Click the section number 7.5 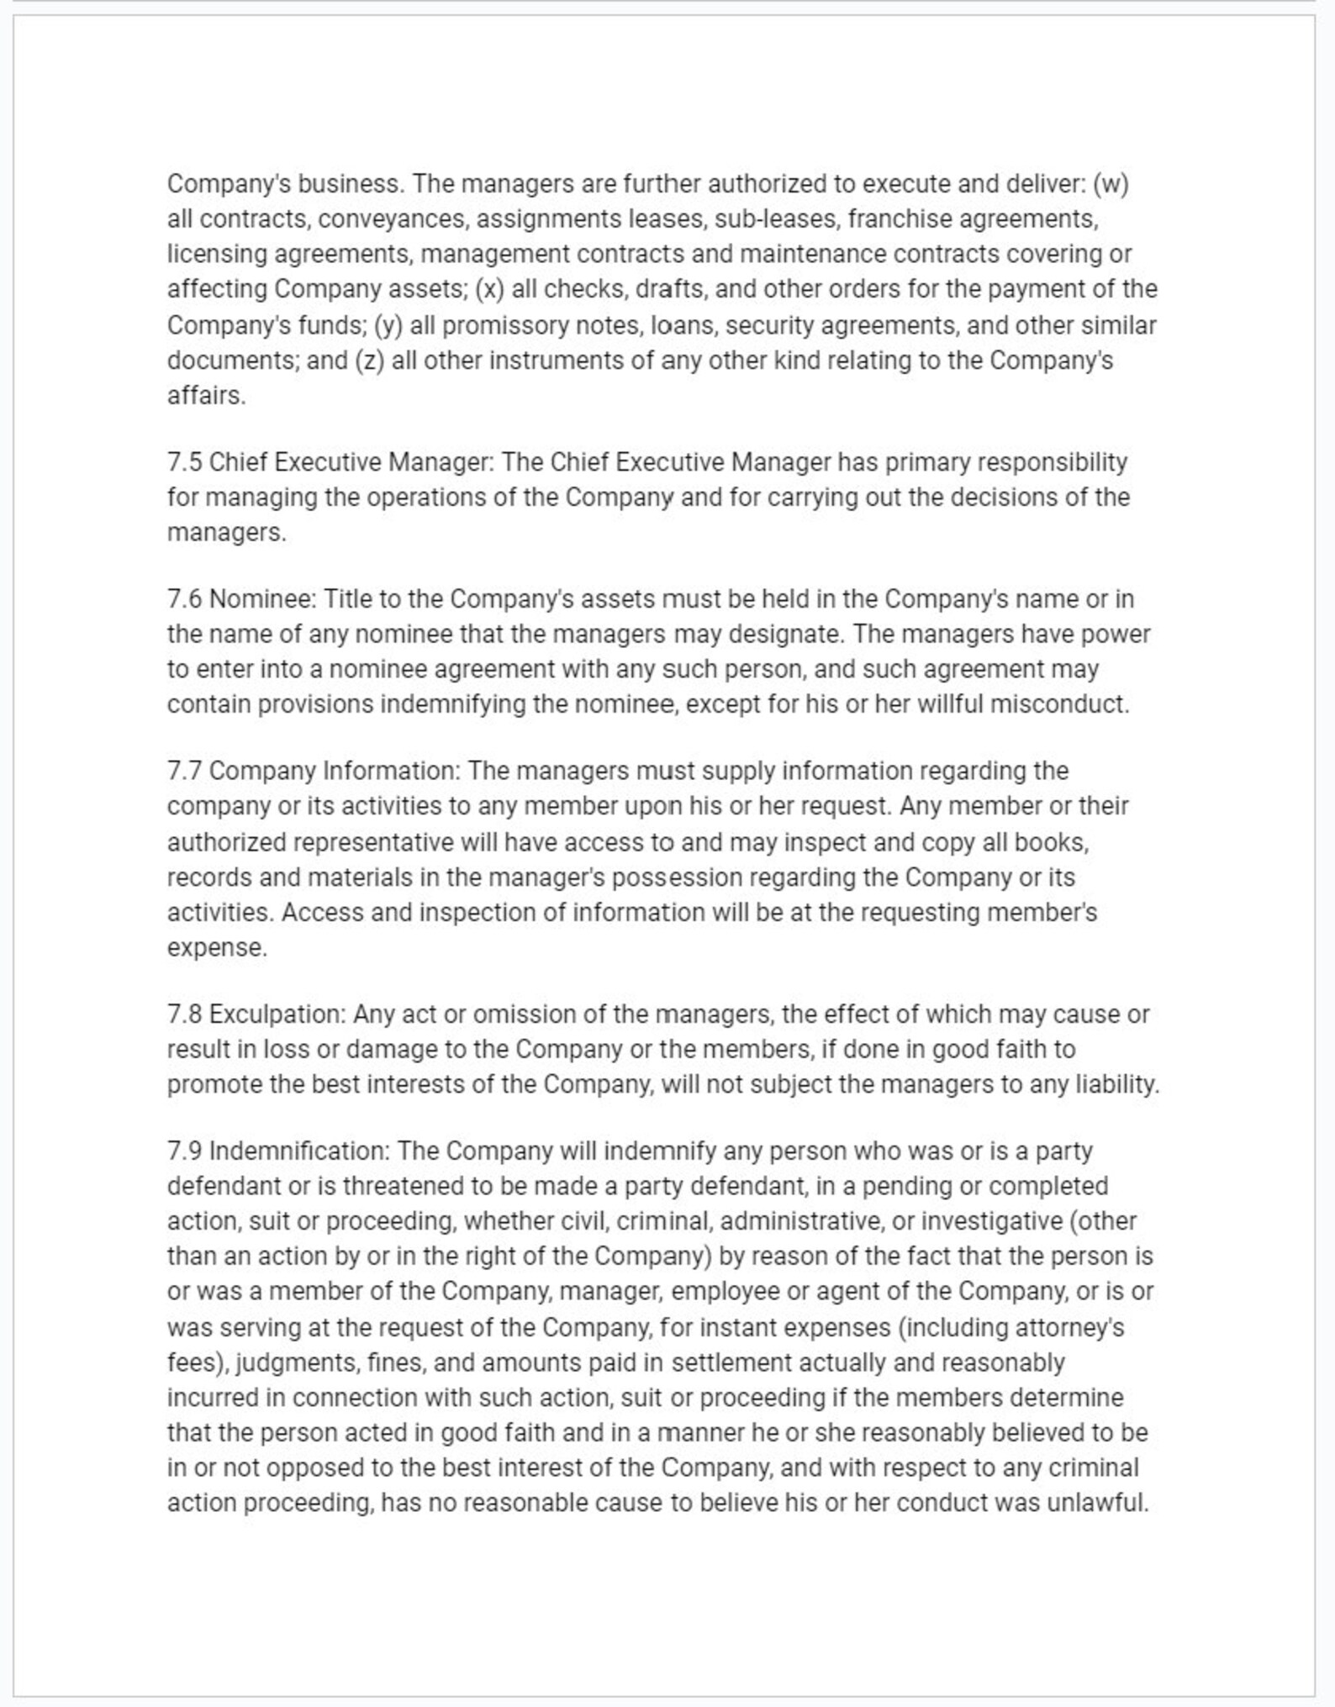click(184, 462)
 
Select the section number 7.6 click(184, 599)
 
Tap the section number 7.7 click(184, 771)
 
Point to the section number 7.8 click(184, 1014)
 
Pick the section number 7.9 click(184, 1151)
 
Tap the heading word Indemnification click(300, 1151)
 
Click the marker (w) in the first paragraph click(1111, 184)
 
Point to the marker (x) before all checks click(489, 289)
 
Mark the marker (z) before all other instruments click(369, 361)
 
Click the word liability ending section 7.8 click(1116, 1084)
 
